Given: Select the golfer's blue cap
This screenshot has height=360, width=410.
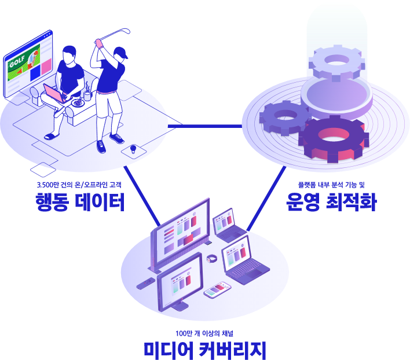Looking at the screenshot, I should (x=120, y=53).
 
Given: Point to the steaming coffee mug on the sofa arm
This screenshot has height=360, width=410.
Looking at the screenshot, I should (x=87, y=94).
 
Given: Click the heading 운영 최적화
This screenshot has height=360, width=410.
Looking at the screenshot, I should (x=331, y=203).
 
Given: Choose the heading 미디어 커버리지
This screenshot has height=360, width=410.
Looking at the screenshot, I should (x=205, y=350).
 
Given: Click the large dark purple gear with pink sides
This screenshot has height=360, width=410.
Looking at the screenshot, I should (x=333, y=139).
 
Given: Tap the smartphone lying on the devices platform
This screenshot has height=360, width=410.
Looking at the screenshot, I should (x=217, y=289).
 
